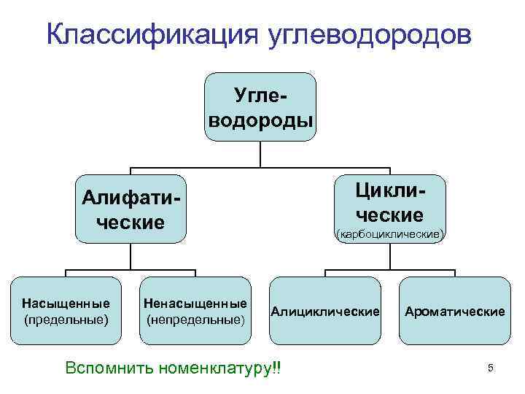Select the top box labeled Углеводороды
[261, 107]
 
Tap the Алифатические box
[131, 209]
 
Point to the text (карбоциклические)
[388, 235]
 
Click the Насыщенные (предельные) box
[66, 311]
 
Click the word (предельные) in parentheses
[66, 320]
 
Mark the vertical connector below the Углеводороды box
[261, 152]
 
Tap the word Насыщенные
[66, 303]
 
